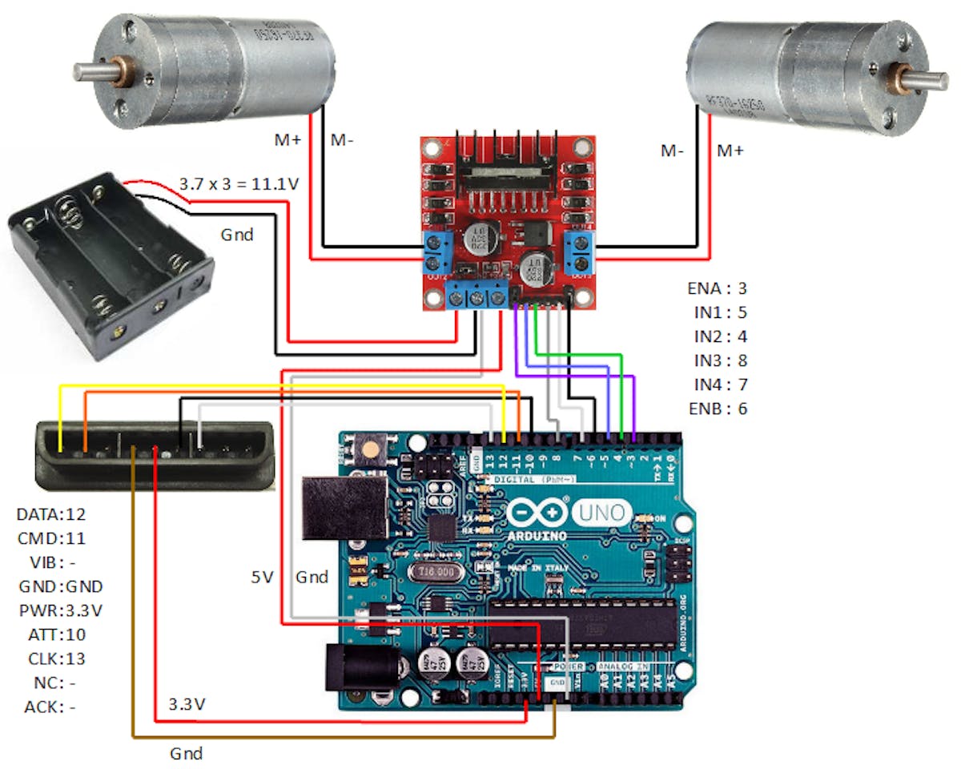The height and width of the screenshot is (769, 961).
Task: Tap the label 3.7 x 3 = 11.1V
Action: tap(239, 184)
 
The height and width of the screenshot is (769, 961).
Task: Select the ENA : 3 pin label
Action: tap(717, 288)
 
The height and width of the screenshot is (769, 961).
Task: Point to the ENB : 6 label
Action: tap(718, 409)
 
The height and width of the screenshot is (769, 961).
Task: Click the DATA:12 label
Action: tap(51, 514)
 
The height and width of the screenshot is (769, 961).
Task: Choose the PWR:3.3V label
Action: tap(61, 610)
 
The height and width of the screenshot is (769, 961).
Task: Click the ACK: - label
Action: tap(50, 707)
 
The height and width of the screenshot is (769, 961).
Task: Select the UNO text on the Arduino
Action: tap(603, 513)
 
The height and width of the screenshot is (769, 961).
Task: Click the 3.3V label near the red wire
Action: tap(187, 705)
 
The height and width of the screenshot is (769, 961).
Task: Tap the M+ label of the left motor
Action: tap(287, 141)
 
